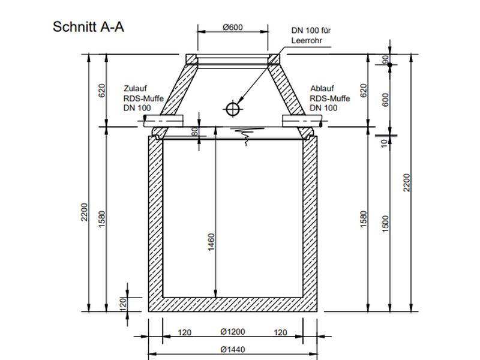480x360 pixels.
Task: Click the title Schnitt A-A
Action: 89,27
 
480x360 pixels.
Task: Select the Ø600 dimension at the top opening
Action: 232,28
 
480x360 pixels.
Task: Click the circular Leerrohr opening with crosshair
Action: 232,108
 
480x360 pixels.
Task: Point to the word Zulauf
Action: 136,86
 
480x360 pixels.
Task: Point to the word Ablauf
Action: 322,86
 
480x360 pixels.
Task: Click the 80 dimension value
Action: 194,131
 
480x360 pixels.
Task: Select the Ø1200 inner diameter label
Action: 232,332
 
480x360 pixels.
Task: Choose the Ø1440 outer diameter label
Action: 232,350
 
